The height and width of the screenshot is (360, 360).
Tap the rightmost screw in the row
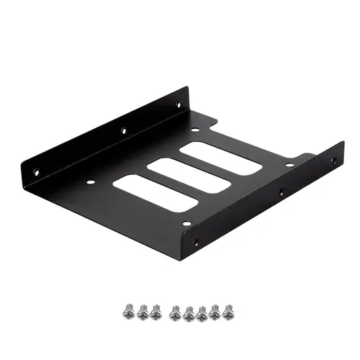pos(229,310)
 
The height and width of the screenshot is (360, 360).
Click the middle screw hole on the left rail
pos(123,131)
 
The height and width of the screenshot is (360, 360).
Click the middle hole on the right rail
pos(282,193)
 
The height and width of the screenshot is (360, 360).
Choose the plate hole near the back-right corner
pos(289,165)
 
